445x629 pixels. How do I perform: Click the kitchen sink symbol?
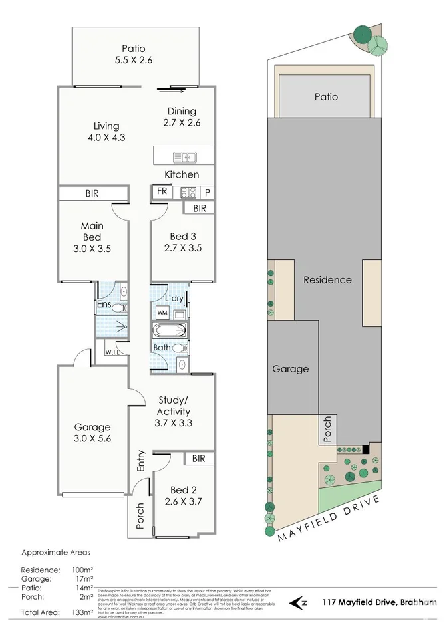(184, 158)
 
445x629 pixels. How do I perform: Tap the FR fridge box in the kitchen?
(162, 191)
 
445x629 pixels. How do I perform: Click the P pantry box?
(208, 192)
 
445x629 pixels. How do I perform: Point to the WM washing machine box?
(162, 312)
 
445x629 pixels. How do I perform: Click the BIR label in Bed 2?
(198, 459)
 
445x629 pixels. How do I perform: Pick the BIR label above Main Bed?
(92, 193)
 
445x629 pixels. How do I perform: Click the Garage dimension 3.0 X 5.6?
(92, 439)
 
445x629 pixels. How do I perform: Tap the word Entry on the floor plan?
(141, 461)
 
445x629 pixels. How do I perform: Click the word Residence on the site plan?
(327, 280)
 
